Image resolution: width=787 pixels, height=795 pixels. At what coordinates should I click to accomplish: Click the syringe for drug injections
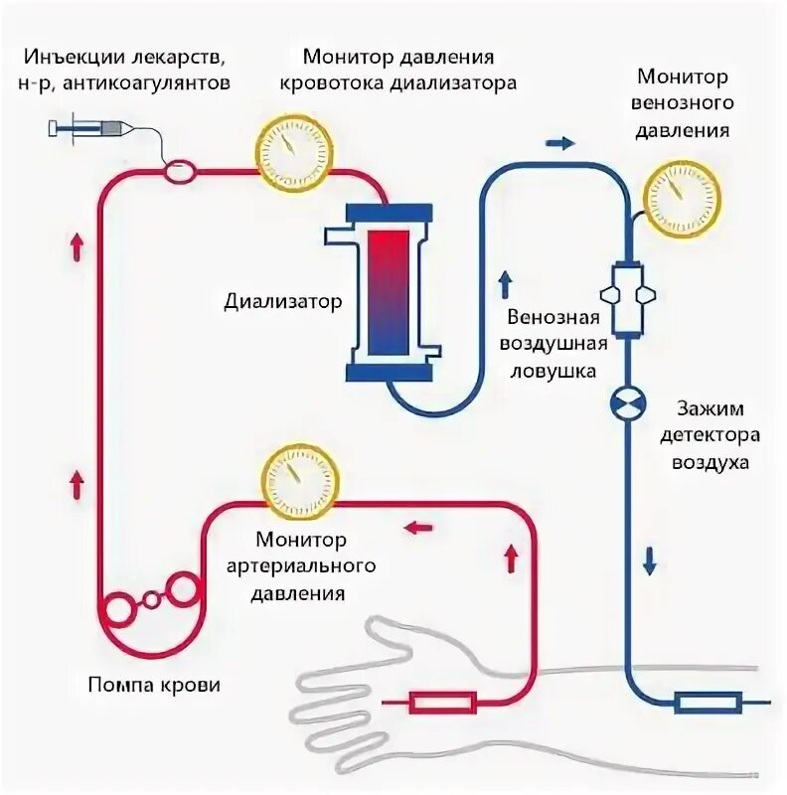[x=90, y=127]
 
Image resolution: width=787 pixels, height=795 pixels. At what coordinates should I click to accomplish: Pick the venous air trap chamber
[x=628, y=297]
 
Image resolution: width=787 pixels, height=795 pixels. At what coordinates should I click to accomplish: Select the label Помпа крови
[x=154, y=685]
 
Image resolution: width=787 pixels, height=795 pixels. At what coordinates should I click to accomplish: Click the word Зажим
[x=709, y=408]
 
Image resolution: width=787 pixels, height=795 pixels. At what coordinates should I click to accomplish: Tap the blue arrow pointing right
[x=560, y=143]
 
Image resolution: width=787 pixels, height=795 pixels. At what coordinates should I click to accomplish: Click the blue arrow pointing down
[x=650, y=561]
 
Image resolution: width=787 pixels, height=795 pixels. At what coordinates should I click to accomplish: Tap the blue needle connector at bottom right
[x=707, y=704]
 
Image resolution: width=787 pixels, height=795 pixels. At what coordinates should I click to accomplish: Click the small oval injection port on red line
[x=180, y=171]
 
